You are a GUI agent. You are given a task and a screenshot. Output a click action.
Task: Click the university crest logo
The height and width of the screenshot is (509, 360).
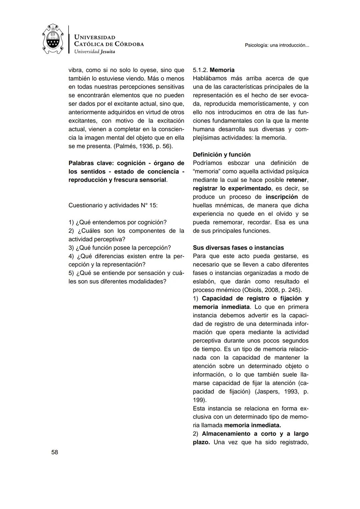[x=53, y=39]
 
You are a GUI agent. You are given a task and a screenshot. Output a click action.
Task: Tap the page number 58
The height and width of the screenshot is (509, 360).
[x=55, y=452]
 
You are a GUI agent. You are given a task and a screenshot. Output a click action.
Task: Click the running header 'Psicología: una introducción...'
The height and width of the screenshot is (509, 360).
[x=277, y=45]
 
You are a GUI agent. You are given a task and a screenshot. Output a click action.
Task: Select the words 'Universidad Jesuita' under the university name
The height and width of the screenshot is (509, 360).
[x=94, y=52]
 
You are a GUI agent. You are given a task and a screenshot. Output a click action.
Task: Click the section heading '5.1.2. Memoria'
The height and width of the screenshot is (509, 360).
[x=214, y=70]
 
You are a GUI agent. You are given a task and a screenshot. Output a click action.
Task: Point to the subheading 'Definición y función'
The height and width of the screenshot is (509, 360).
[x=222, y=155]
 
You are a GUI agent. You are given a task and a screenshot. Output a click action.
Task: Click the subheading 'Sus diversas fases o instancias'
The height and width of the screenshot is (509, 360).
[x=238, y=248]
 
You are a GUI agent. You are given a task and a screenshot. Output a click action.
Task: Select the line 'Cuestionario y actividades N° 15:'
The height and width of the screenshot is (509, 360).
[x=113, y=205]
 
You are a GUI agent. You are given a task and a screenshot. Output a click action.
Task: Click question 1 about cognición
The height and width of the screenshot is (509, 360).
[x=117, y=222]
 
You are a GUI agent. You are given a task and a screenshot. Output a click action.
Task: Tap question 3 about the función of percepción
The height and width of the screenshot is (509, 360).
[x=120, y=248]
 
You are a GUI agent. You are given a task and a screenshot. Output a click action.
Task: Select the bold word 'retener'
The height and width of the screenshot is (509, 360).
[x=297, y=180]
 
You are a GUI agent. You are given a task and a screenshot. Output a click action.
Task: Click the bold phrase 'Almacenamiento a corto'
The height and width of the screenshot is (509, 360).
[x=236, y=434]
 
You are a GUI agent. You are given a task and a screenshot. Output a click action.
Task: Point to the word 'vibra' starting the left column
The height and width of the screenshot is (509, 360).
[x=75, y=70]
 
